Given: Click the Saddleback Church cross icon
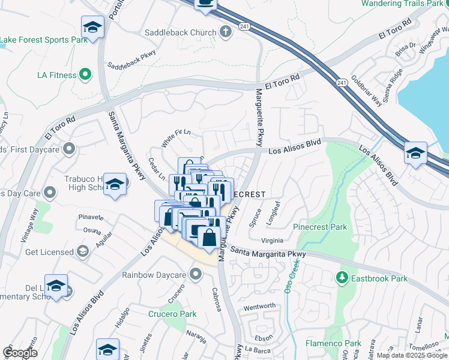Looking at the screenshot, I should (x=226, y=32).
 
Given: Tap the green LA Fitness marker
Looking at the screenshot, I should (x=85, y=75).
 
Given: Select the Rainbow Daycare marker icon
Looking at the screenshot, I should (x=195, y=275).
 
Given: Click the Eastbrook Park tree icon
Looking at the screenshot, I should (x=342, y=278).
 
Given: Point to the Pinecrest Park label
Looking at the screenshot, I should (x=320, y=227).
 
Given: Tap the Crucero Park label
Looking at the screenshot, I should (x=172, y=314).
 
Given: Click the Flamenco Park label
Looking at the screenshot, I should (x=333, y=344).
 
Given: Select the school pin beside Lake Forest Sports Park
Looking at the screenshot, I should (x=92, y=27).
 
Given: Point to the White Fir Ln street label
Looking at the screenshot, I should (x=175, y=139).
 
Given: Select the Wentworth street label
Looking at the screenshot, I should (x=259, y=307).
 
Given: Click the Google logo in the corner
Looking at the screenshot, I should (x=20, y=353).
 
